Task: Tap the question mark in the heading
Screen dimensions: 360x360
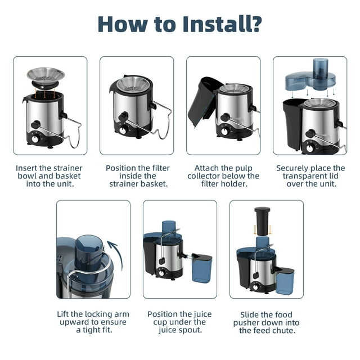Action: click(x=257, y=24)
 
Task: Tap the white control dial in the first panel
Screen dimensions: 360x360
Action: click(x=35, y=139)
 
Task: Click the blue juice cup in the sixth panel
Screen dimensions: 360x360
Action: click(x=201, y=268)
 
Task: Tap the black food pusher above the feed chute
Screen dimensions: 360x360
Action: click(x=262, y=221)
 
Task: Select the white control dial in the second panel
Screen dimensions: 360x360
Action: click(x=123, y=130)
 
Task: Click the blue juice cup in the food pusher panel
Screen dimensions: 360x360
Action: click(x=285, y=281)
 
